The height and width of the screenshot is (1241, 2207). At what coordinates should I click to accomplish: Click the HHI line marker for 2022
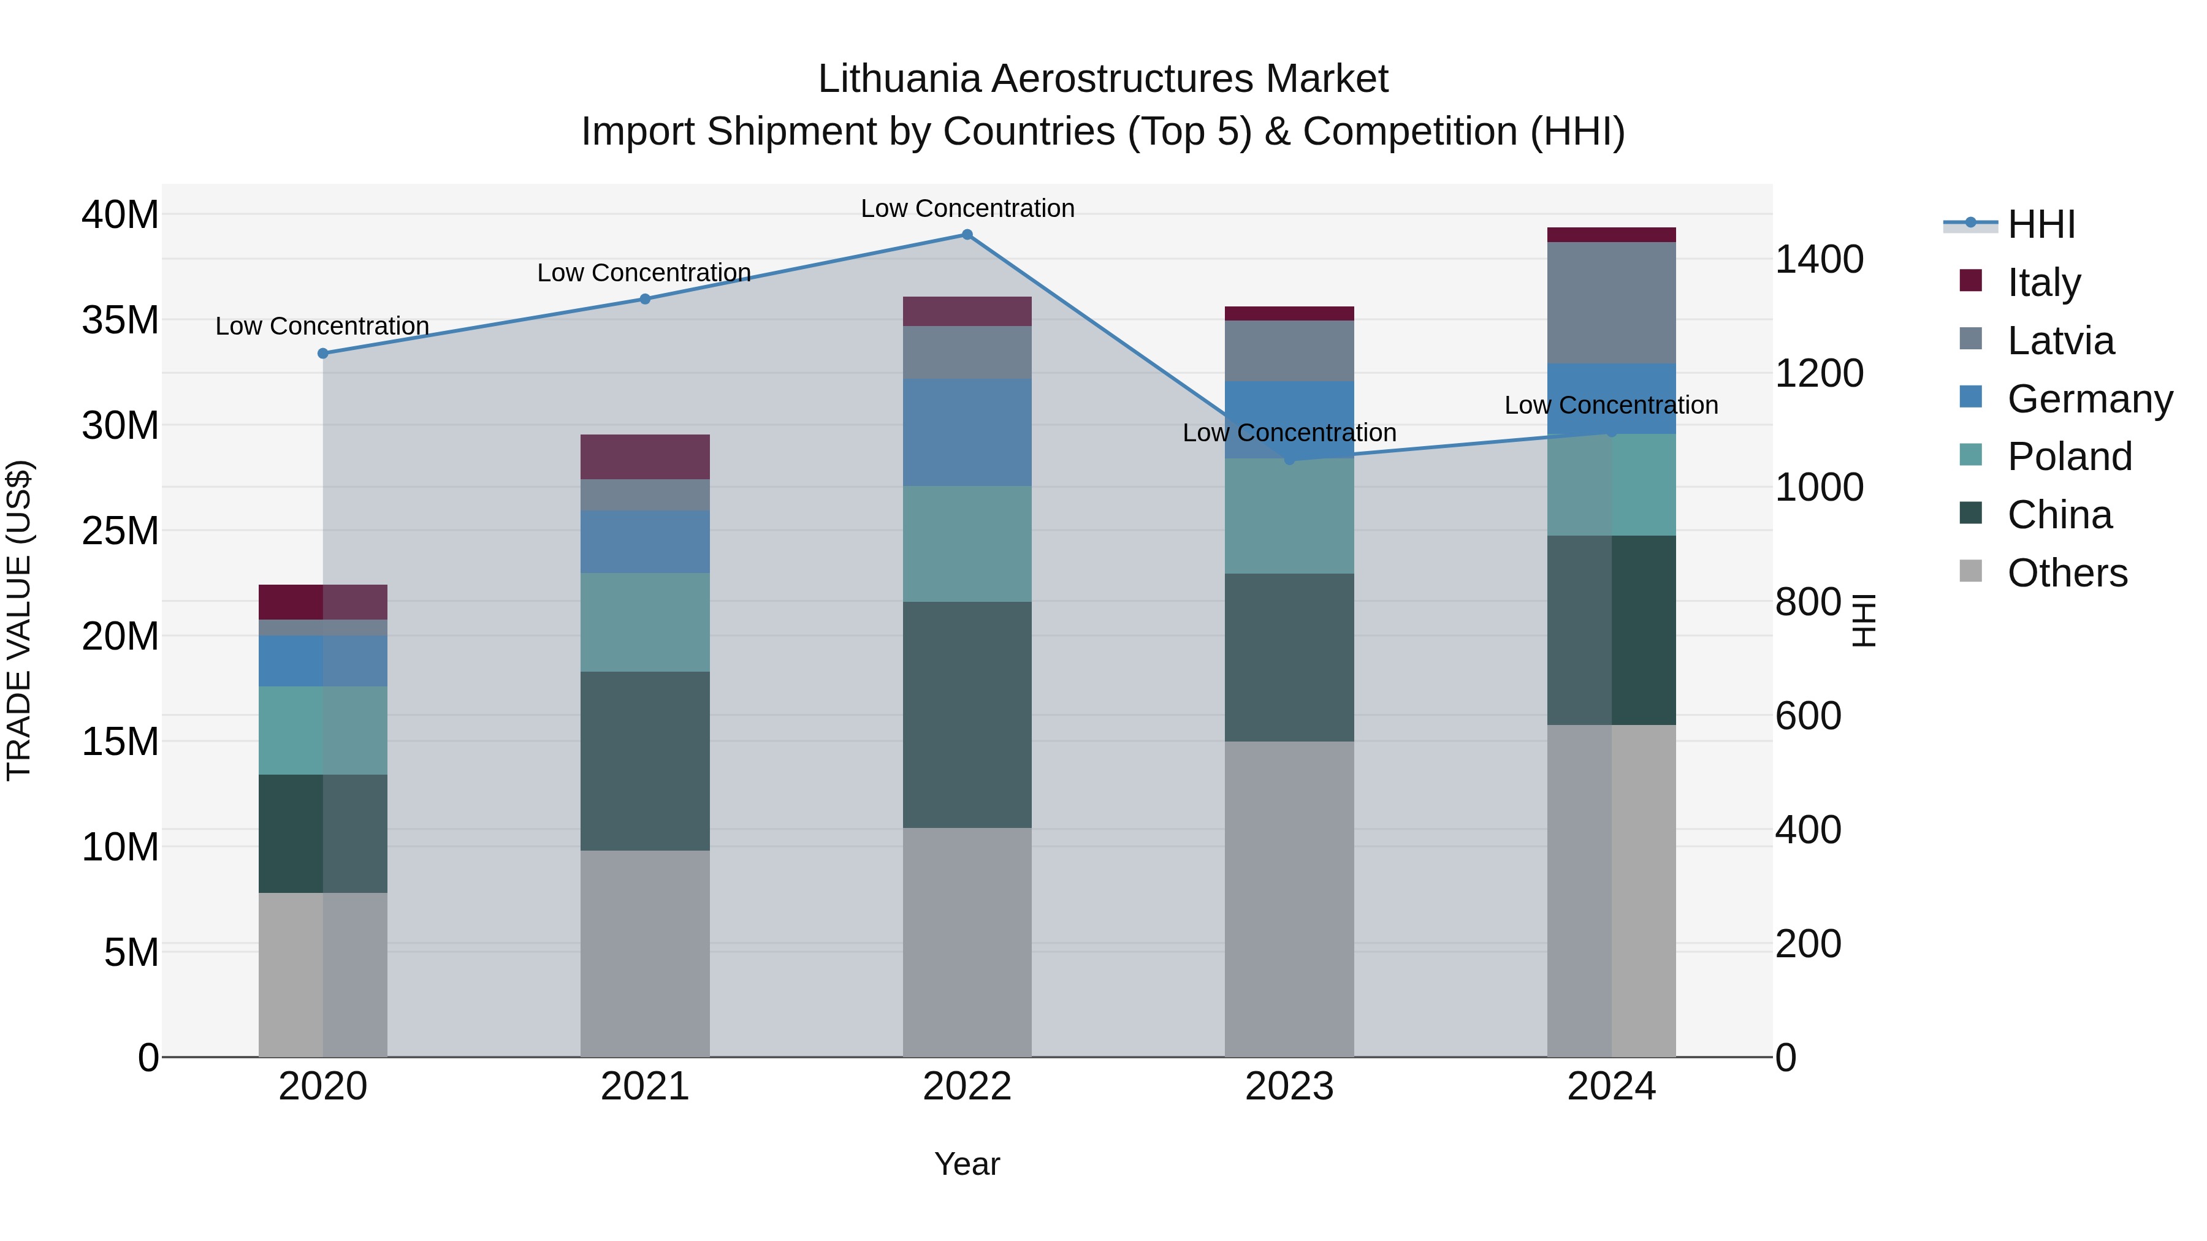pyautogui.click(x=967, y=235)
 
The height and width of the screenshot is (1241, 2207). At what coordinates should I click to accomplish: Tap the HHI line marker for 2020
pyautogui.click(x=323, y=354)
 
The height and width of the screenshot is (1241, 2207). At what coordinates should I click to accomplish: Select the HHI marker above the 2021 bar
pyautogui.click(x=645, y=299)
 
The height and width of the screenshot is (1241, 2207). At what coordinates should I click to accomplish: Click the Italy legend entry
pyautogui.click(x=2043, y=283)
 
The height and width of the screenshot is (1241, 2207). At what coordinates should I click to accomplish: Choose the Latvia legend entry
pyautogui.click(x=2060, y=341)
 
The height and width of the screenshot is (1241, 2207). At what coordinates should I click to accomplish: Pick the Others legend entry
pyautogui.click(x=2067, y=573)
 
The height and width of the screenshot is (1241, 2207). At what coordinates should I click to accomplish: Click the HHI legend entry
pyautogui.click(x=2041, y=224)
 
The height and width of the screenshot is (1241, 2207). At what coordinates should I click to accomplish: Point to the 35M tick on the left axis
pyautogui.click(x=120, y=321)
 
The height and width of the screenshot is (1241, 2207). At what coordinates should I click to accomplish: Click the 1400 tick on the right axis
pyautogui.click(x=1818, y=259)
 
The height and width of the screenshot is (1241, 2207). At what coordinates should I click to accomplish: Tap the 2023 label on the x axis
pyautogui.click(x=1289, y=1087)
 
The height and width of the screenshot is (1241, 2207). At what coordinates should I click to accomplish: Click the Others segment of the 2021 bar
pyautogui.click(x=645, y=952)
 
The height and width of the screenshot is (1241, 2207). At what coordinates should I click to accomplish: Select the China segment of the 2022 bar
pyautogui.click(x=967, y=715)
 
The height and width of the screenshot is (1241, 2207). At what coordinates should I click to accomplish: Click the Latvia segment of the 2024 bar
pyautogui.click(x=1612, y=303)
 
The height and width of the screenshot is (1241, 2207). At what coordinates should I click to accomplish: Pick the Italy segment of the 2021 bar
pyautogui.click(x=645, y=457)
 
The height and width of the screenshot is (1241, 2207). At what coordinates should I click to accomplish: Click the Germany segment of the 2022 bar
pyautogui.click(x=967, y=433)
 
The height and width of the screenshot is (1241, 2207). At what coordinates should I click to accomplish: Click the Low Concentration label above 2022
pyautogui.click(x=967, y=208)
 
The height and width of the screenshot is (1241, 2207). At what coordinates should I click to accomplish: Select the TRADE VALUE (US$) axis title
pyautogui.click(x=19, y=620)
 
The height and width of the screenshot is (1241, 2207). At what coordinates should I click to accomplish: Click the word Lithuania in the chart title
pyautogui.click(x=899, y=79)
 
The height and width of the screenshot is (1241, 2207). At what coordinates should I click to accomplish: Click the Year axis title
pyautogui.click(x=967, y=1164)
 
